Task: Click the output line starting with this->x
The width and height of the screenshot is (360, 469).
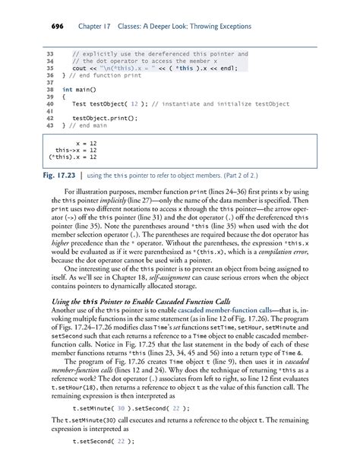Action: [74, 150]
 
